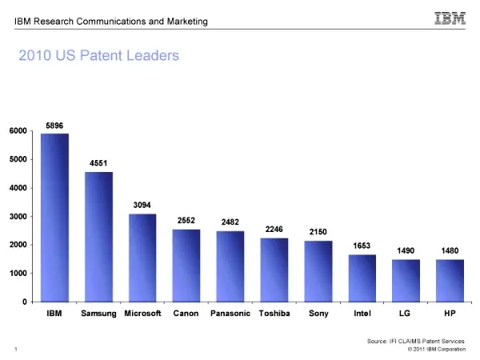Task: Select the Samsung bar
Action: [x=98, y=237]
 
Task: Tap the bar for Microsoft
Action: [x=142, y=258]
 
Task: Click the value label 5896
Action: [x=54, y=125]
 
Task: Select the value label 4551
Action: [x=98, y=163]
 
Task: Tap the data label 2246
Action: [x=274, y=229]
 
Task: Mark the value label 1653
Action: [x=362, y=246]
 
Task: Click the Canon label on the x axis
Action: [x=186, y=313]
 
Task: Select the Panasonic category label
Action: [x=230, y=313]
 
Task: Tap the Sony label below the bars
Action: [x=318, y=313]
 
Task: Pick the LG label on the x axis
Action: [x=406, y=313]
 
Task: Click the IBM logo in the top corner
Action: [x=450, y=17]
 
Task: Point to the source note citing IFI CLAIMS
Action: [x=416, y=342]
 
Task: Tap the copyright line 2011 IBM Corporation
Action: [x=436, y=350]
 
